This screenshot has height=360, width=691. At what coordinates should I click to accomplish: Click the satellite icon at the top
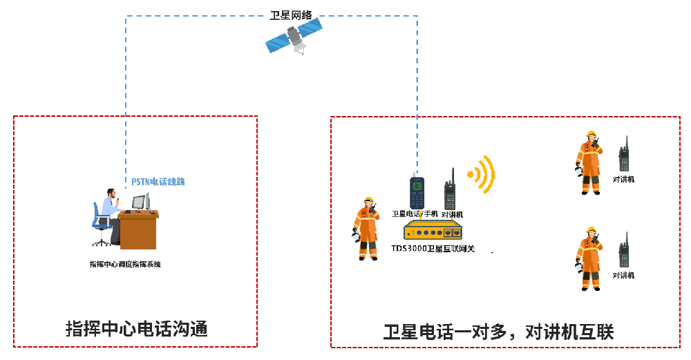click(x=294, y=36)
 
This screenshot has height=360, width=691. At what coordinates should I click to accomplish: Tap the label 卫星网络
click(x=290, y=14)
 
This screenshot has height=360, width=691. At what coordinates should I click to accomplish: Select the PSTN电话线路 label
click(x=158, y=182)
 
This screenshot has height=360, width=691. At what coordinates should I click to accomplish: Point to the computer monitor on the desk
click(x=139, y=202)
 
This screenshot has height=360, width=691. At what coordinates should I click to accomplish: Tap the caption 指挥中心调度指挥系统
click(x=125, y=264)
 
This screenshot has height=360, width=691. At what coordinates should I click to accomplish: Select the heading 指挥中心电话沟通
click(x=136, y=328)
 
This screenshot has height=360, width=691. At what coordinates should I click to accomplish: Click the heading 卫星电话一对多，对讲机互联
click(x=498, y=332)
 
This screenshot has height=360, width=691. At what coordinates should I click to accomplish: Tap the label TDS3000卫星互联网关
click(x=433, y=248)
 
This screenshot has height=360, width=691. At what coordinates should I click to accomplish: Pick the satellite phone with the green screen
click(x=416, y=193)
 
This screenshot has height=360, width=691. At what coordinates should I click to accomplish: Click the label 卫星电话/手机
click(x=415, y=214)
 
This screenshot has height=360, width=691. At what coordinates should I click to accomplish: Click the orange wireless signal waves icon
click(x=482, y=174)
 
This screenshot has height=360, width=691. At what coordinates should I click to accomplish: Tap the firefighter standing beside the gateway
click(x=366, y=228)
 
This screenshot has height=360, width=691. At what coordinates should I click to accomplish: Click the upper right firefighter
click(x=589, y=163)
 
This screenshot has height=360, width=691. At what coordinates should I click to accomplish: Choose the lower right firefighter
click(x=589, y=258)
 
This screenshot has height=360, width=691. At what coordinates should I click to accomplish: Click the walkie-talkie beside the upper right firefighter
click(x=624, y=155)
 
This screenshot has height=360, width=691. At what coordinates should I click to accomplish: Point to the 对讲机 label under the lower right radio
click(x=623, y=275)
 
